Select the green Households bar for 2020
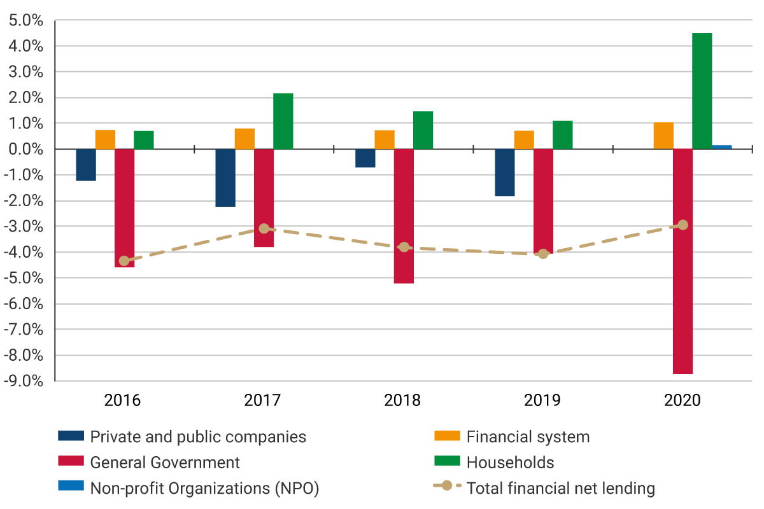[702, 91]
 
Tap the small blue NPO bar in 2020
[721, 147]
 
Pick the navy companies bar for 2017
[225, 178]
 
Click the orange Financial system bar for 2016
[105, 139]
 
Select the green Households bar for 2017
[283, 121]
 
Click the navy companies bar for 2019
[505, 172]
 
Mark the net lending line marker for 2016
[124, 261]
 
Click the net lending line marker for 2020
[683, 225]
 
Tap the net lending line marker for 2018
[404, 247]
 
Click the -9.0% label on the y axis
[25, 381]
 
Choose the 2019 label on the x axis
[542, 401]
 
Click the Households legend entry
[509, 462]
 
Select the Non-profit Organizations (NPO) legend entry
[204, 488]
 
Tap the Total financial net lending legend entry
[560, 488]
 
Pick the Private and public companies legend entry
[197, 436]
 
